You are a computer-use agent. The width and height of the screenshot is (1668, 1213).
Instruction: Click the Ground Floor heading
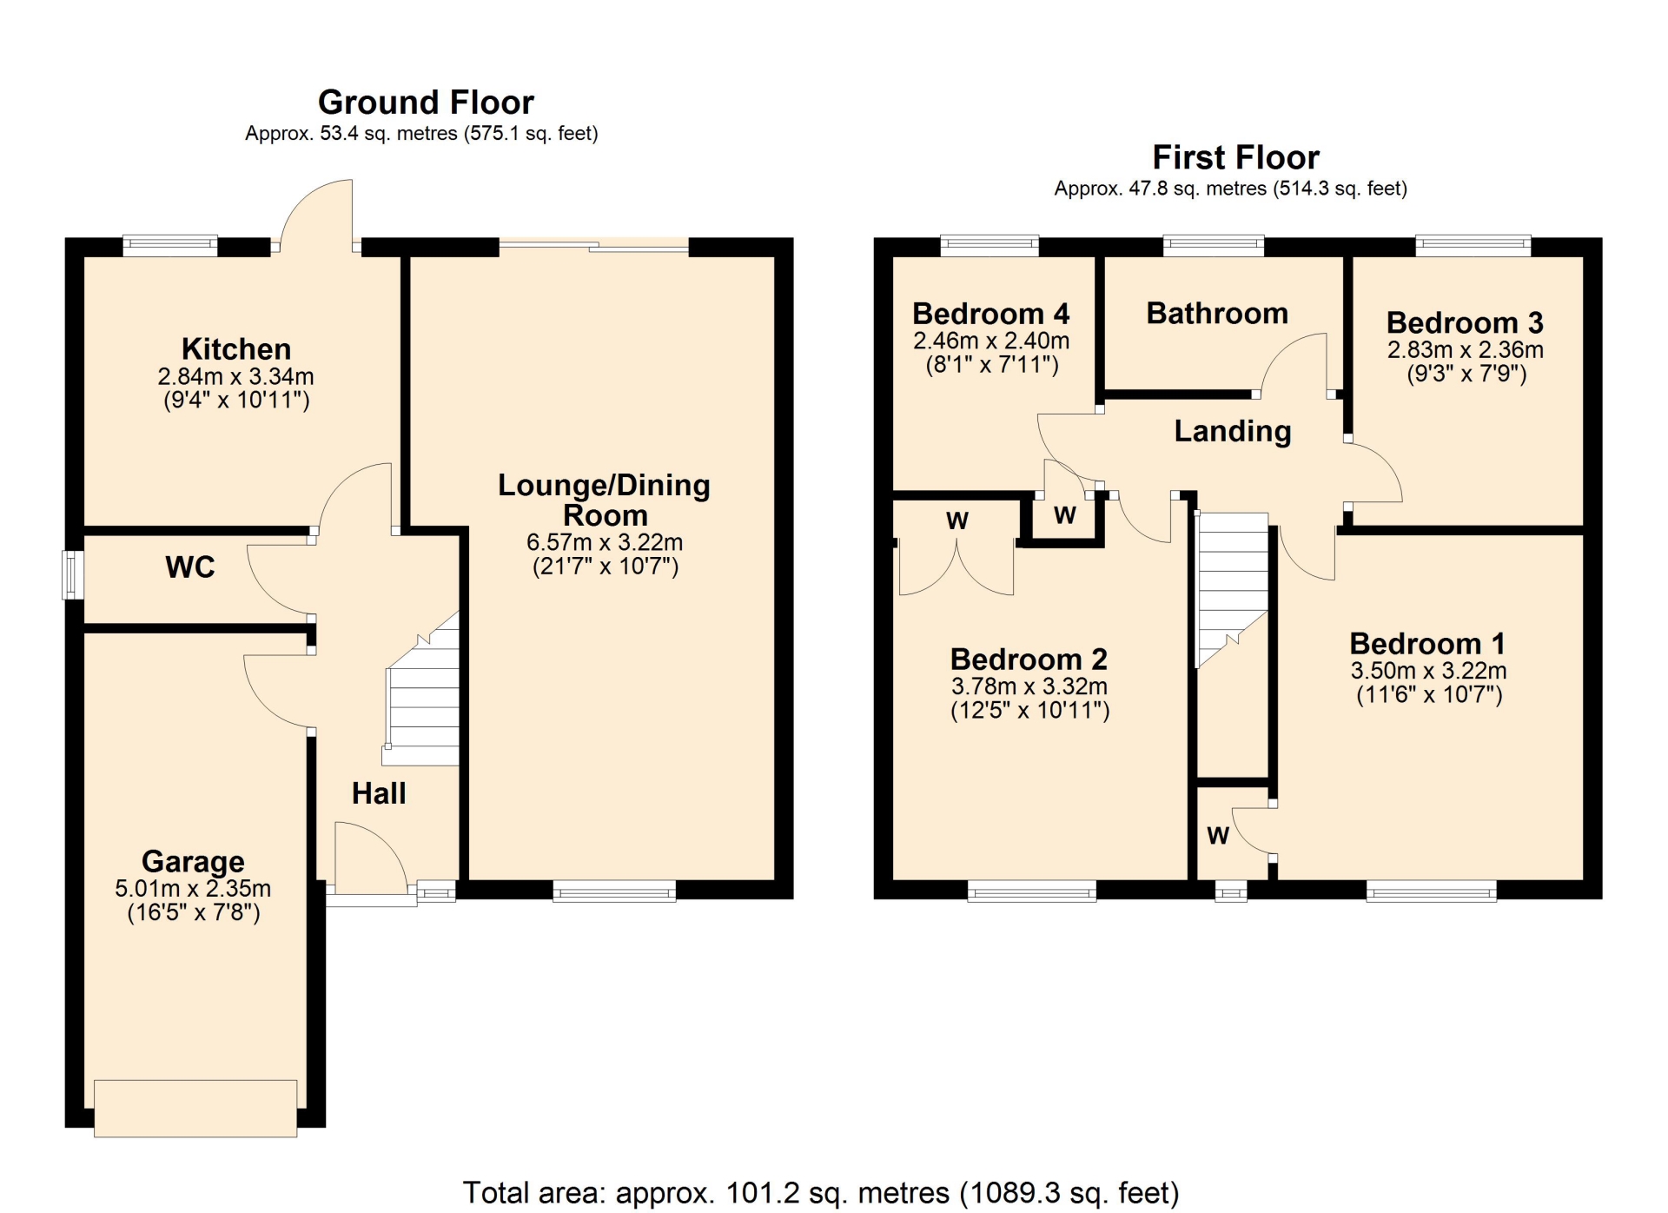pyautogui.click(x=426, y=103)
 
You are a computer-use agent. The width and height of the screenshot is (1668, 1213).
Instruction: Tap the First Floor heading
pyautogui.click(x=1235, y=157)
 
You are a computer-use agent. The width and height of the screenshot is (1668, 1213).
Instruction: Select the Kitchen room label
pyautogui.click(x=236, y=349)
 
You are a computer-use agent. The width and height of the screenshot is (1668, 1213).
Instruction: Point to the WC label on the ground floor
pyautogui.click(x=190, y=567)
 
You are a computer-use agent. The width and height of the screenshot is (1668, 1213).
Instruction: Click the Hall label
pyautogui.click(x=379, y=793)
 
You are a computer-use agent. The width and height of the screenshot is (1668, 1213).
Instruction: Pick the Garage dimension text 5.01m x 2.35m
pyautogui.click(x=193, y=889)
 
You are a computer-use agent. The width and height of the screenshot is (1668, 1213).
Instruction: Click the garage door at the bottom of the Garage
pyautogui.click(x=195, y=1108)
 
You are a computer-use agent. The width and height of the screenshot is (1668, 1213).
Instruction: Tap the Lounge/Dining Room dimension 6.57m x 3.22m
pyautogui.click(x=605, y=542)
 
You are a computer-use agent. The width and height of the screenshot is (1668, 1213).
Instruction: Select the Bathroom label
pyautogui.click(x=1217, y=313)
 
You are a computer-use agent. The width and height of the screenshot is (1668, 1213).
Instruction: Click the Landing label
pyautogui.click(x=1233, y=431)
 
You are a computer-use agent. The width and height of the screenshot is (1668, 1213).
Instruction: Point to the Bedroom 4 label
pyautogui.click(x=991, y=313)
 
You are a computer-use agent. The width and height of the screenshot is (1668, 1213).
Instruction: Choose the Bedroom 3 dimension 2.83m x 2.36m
pyautogui.click(x=1466, y=350)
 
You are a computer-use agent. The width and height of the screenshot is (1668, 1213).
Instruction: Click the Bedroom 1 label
pyautogui.click(x=1427, y=644)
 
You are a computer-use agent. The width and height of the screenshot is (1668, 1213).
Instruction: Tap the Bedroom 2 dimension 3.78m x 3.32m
pyautogui.click(x=1029, y=686)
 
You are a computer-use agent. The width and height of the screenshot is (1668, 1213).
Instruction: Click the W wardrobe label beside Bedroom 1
pyautogui.click(x=1218, y=836)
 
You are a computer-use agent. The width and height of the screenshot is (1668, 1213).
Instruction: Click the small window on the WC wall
pyautogui.click(x=73, y=575)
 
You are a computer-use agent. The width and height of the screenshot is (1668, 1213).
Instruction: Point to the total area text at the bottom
pyautogui.click(x=821, y=1193)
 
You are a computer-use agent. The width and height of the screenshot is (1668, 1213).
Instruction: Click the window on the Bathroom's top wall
pyautogui.click(x=1214, y=246)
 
